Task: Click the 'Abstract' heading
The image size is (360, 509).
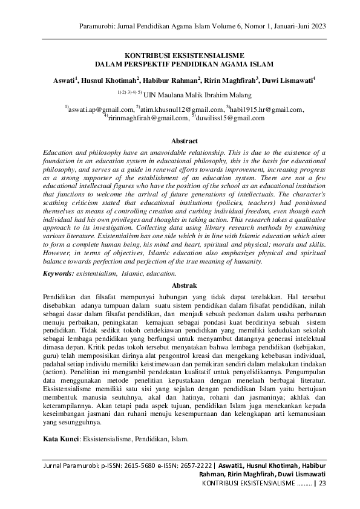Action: click(x=185, y=141)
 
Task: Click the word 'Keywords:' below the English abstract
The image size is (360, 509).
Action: click(x=58, y=274)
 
